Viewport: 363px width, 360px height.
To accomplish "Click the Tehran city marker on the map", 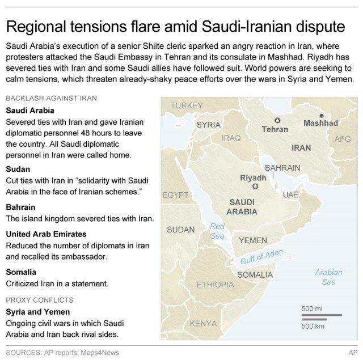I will [277, 120].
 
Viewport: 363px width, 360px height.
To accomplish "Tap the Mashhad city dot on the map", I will [321, 115].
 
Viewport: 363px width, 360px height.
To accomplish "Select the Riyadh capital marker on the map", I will [256, 187].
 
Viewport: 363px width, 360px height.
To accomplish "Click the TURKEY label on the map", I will [186, 105].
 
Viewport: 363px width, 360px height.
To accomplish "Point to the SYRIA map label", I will [208, 124].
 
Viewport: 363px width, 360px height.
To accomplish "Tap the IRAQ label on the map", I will [231, 138].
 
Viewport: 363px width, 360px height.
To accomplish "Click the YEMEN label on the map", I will [252, 240].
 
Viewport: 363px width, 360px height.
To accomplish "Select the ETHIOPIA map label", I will [215, 284].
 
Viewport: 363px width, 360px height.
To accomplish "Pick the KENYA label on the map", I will [203, 323].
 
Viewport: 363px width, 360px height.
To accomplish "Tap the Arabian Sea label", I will [328, 277].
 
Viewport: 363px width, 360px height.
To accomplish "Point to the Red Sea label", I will [217, 231].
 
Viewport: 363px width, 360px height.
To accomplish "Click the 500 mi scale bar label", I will [312, 308].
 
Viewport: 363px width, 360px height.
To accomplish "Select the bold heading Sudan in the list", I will [18, 169].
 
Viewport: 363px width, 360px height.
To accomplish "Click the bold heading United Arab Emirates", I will [46, 234].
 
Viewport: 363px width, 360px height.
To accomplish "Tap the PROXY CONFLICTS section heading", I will [39, 299].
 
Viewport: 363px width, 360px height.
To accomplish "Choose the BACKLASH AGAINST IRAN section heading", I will [50, 98].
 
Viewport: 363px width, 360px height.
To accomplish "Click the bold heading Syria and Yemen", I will [37, 312].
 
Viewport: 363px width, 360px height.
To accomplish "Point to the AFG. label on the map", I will [344, 138].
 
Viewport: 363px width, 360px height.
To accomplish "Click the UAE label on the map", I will [290, 194].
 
